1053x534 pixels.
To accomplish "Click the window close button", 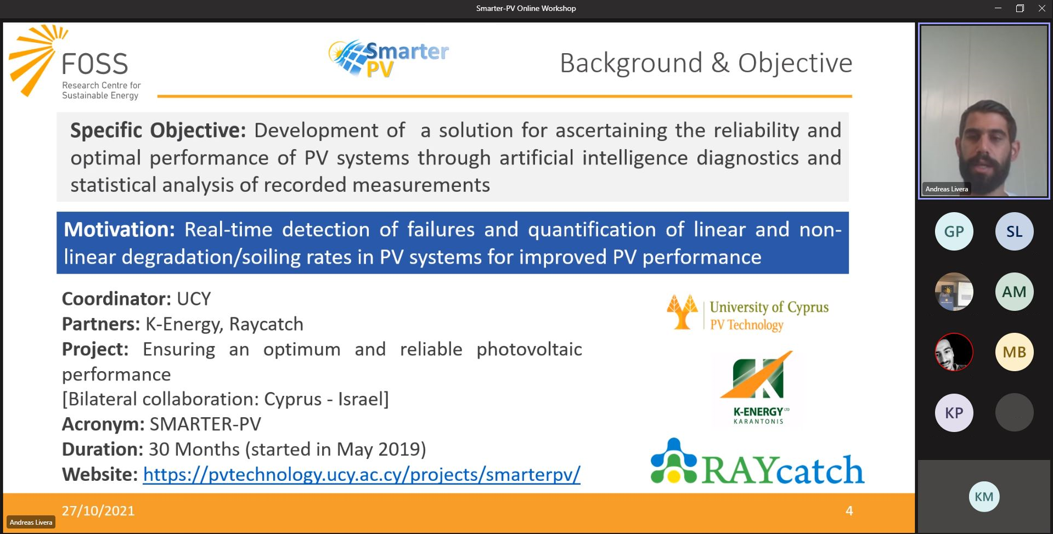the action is point(1041,8).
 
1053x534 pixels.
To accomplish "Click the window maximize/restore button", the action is point(1020,8).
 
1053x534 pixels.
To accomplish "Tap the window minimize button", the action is point(998,8).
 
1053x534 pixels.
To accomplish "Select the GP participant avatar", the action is point(954,231).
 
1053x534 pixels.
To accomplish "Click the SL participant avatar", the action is point(1014,231).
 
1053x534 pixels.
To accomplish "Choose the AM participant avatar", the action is point(1014,292).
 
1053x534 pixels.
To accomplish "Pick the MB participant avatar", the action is point(1014,352).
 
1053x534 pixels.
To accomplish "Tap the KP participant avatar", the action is point(954,412).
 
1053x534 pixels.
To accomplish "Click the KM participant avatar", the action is point(984,497).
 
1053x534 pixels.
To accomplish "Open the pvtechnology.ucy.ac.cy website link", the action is point(362,474).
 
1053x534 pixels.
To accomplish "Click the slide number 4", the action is point(849,511).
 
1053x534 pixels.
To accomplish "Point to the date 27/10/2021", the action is point(98,511).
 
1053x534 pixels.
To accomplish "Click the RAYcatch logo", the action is point(757,462).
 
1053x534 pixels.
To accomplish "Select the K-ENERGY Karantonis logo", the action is point(758,388).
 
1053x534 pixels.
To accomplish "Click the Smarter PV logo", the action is point(388,58).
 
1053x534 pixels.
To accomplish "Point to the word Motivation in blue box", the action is point(119,229).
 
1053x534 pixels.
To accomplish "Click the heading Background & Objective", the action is point(706,63).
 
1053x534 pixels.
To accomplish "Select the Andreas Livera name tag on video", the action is point(947,189).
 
